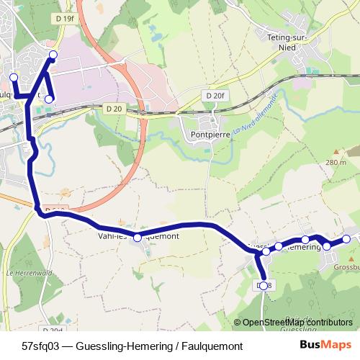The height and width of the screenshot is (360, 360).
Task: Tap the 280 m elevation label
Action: (336, 162)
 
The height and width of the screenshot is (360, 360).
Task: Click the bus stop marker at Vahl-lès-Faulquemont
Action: (138, 237)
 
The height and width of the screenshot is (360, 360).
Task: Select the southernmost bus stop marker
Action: (264, 286)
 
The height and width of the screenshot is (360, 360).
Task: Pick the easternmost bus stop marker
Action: (346, 239)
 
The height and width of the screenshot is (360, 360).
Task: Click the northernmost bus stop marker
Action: (52, 55)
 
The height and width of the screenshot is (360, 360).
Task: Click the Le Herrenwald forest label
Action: (23, 273)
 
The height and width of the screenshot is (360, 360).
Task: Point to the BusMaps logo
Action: (323, 345)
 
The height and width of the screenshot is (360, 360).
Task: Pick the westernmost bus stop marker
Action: (13, 77)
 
